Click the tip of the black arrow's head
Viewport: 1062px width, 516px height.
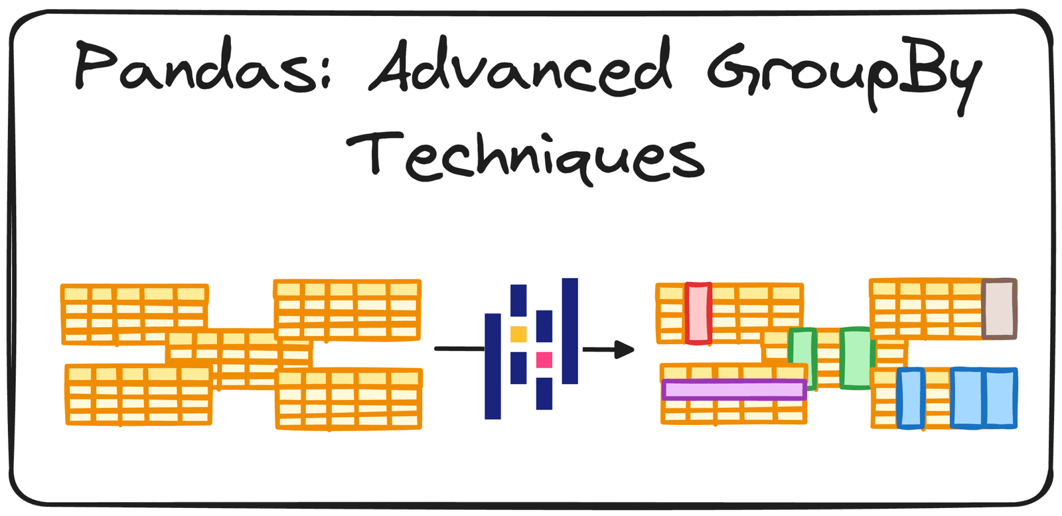click(635, 350)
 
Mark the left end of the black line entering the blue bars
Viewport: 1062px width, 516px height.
click(435, 349)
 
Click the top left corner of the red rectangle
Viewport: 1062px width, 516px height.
click(686, 284)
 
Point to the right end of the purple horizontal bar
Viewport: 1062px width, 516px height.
click(806, 389)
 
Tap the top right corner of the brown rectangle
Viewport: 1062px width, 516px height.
click(1016, 280)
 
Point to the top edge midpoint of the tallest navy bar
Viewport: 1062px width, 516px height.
click(570, 278)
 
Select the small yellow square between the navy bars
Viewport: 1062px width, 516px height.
click(518, 334)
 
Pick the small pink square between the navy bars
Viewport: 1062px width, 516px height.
click(544, 360)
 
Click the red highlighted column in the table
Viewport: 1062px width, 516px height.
click(698, 313)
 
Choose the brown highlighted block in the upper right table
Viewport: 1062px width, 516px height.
click(1000, 309)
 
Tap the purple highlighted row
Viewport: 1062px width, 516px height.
click(734, 389)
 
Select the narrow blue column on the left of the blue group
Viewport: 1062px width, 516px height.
click(910, 399)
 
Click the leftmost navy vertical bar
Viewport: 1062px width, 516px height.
click(493, 366)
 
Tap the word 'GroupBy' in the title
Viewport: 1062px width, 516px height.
click(844, 76)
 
